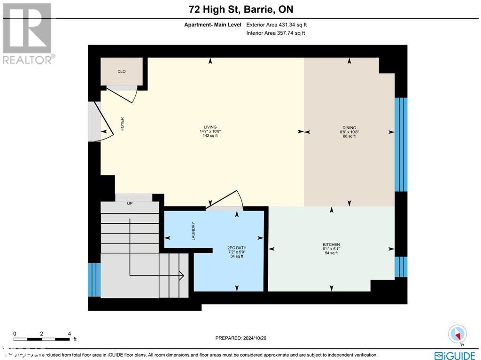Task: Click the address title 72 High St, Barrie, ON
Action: point(240,9)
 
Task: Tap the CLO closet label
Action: point(122,71)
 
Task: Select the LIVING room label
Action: point(209,127)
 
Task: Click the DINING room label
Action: point(349,127)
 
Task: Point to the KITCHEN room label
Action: point(331,244)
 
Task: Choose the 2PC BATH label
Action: point(236,248)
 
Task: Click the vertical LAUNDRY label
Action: point(193,231)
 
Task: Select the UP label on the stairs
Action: point(130,203)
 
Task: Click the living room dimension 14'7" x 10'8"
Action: point(209,132)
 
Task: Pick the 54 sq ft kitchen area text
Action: point(331,253)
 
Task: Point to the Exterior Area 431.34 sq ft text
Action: point(276,24)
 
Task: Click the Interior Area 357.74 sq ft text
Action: point(275,33)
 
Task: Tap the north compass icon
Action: point(457,334)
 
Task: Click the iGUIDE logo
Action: point(454,355)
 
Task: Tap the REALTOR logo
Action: point(27,33)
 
